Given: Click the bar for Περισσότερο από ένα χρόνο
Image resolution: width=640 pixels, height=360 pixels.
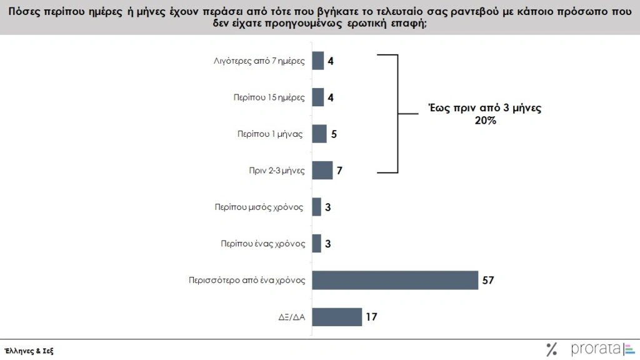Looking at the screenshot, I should pyautogui.click(x=395, y=280).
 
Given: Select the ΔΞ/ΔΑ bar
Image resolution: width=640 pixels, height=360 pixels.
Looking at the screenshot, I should pyautogui.click(x=337, y=317).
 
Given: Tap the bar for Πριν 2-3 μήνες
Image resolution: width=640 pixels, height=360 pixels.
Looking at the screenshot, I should pyautogui.click(x=322, y=171).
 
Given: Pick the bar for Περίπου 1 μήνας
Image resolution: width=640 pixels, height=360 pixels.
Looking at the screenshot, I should pyautogui.click(x=319, y=134).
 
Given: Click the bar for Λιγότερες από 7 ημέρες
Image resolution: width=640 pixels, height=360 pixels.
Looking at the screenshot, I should pyautogui.click(x=318, y=61).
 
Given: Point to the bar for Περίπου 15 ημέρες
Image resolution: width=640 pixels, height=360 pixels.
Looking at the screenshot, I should pyautogui.click(x=318, y=97).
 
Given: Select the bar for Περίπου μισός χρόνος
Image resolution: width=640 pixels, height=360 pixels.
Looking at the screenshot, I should pyautogui.click(x=317, y=207).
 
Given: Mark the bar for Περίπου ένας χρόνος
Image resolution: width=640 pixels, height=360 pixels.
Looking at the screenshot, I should pyautogui.click(x=317, y=244).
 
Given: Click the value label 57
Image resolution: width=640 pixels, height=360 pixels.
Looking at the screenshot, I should pyautogui.click(x=488, y=281).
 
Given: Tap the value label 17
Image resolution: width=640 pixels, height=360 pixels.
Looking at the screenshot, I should pyautogui.click(x=371, y=317).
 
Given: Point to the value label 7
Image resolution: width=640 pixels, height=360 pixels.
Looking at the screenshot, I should pyautogui.click(x=339, y=171).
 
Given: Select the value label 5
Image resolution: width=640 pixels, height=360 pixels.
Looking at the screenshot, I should pyautogui.click(x=334, y=134).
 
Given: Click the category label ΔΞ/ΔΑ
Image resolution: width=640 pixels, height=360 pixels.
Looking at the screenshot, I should pyautogui.click(x=291, y=317).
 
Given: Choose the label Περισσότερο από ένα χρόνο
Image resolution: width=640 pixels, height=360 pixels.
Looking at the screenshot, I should pyautogui.click(x=247, y=281).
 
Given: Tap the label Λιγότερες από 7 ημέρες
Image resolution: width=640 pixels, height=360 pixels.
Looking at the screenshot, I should pyautogui.click(x=259, y=61).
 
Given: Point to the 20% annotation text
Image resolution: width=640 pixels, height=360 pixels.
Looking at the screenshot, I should pyautogui.click(x=485, y=121).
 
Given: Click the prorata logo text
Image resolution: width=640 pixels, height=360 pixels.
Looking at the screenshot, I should pyautogui.click(x=594, y=349).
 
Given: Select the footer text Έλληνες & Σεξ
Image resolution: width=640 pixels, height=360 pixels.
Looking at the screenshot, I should pyautogui.click(x=29, y=351).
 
